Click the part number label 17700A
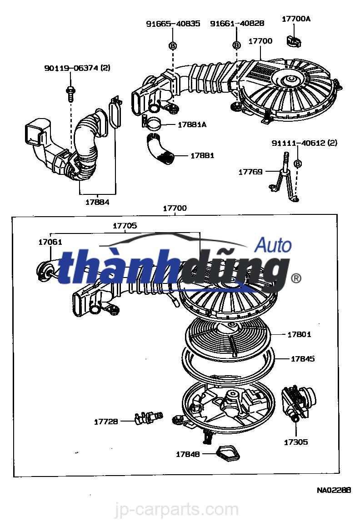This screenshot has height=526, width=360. (x=296, y=19)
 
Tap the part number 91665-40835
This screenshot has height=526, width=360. (x=173, y=24)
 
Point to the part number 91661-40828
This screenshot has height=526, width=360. (x=237, y=24)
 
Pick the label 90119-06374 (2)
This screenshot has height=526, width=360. (x=77, y=68)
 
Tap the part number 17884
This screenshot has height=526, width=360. (x=97, y=202)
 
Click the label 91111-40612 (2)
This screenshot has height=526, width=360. (x=305, y=143)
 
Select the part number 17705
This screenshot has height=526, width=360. (x=125, y=225)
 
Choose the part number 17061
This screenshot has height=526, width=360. (x=50, y=243)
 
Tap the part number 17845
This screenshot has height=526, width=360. (x=303, y=358)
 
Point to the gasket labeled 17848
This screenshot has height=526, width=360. (x=222, y=452)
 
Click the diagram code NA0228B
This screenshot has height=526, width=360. (x=334, y=490)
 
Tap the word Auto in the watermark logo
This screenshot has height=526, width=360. (x=273, y=245)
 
